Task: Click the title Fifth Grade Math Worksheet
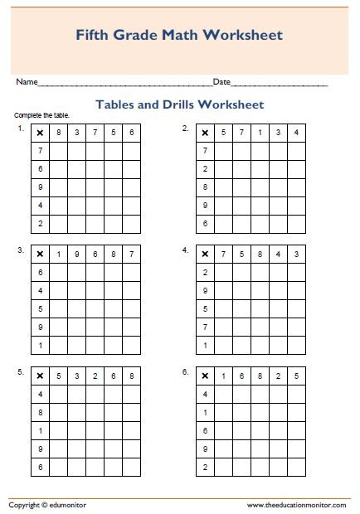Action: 179,35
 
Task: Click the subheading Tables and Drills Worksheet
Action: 180,105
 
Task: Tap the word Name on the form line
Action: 27,82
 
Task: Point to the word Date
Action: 221,82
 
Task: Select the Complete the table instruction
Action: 42,114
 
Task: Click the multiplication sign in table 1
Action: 40,133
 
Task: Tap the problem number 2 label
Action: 185,128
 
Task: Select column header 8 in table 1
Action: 58,133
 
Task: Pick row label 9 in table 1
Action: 40,187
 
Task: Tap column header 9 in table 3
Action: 76,254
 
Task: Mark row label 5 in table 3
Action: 40,308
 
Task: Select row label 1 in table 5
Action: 40,429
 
